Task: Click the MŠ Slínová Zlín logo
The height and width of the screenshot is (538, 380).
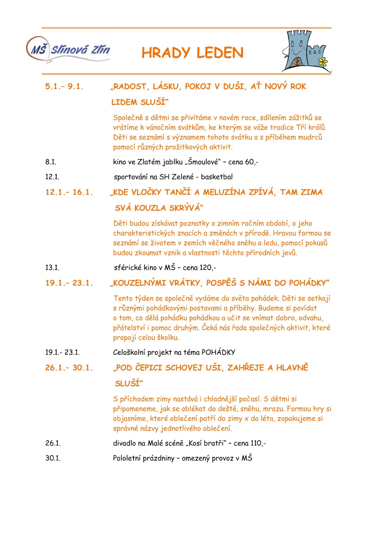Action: click(68, 50)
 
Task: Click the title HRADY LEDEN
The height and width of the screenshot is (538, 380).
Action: click(192, 53)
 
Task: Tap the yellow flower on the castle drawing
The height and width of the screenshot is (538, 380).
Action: click(323, 61)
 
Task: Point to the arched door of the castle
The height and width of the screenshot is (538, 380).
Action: click(297, 61)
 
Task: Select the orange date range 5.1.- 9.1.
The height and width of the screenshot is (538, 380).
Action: click(64, 86)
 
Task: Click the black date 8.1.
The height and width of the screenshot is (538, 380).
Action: click(51, 162)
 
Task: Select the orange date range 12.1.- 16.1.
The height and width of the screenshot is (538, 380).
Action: click(69, 192)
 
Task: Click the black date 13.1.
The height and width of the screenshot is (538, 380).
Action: click(52, 268)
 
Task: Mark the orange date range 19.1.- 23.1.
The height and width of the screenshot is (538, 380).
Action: click(69, 283)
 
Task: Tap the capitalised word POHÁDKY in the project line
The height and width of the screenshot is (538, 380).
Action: click(218, 352)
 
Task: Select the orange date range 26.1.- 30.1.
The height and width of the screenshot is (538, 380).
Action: click(69, 368)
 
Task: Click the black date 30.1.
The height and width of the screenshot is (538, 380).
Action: click(53, 458)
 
